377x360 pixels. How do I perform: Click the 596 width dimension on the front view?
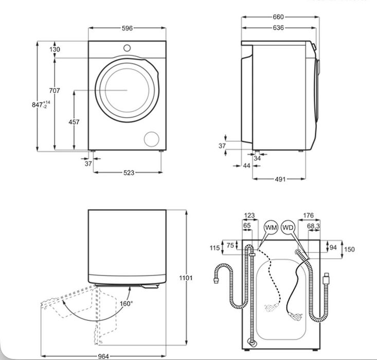127,29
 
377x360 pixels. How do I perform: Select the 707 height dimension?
55,91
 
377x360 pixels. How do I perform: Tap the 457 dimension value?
74,122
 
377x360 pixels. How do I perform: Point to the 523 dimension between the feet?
128,173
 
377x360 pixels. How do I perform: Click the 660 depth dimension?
278,17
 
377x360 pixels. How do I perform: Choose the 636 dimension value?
278,28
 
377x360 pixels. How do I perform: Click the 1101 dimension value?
186,278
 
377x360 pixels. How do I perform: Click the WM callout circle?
271,227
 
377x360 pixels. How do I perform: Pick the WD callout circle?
289,227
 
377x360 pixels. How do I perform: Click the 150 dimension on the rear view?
349,249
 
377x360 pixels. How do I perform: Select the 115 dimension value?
214,248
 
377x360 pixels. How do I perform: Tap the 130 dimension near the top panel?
55,49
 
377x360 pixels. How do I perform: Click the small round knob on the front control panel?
127,48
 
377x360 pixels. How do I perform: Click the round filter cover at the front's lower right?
151,138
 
